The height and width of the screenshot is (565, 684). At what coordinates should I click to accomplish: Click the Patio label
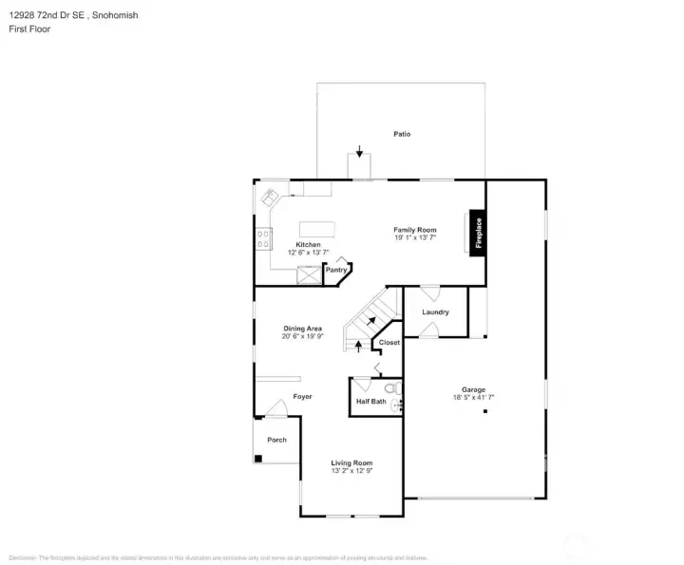click(402, 134)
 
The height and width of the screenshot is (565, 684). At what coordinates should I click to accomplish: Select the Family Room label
click(415, 230)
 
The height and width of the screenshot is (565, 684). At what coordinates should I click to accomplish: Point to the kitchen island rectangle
click(318, 229)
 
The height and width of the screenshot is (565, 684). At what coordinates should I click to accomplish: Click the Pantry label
click(336, 270)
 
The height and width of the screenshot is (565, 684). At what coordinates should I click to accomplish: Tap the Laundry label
click(435, 311)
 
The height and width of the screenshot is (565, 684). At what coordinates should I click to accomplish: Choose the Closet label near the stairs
click(389, 343)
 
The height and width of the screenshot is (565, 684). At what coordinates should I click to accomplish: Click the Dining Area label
click(302, 329)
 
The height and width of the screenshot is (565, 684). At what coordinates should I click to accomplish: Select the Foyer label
click(302, 396)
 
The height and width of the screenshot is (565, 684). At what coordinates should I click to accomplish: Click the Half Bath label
click(370, 402)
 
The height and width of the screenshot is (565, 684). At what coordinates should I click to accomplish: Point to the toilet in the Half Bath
click(390, 389)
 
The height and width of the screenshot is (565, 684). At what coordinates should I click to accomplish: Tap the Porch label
click(276, 440)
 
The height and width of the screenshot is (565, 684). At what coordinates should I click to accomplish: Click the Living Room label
click(351, 462)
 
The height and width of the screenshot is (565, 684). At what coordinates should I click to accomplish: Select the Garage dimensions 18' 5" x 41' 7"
click(473, 398)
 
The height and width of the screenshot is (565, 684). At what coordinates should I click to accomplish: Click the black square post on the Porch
click(257, 459)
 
